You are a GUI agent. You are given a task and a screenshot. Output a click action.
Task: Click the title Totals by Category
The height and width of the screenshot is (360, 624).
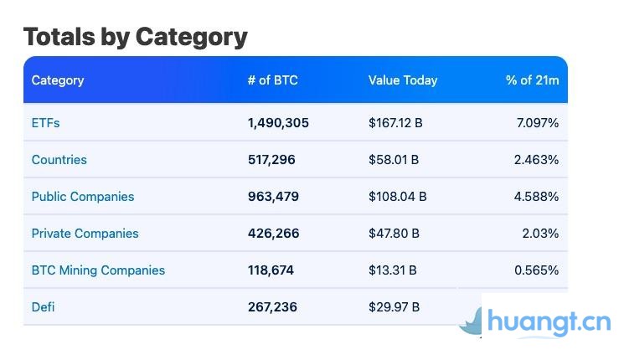click(135, 37)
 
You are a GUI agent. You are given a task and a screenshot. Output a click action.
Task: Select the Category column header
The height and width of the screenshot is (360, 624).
click(58, 80)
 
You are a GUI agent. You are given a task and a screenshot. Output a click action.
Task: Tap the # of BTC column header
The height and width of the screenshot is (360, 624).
click(272, 80)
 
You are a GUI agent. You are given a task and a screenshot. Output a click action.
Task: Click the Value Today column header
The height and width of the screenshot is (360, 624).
click(403, 80)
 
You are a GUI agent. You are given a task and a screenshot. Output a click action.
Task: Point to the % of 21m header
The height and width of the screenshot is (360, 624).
click(532, 80)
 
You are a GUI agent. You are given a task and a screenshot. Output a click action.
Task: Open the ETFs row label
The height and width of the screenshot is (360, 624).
click(45, 123)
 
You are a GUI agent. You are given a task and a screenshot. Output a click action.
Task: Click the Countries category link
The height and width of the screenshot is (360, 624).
click(59, 160)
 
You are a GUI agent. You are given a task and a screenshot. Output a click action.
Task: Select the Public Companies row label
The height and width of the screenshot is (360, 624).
click(83, 197)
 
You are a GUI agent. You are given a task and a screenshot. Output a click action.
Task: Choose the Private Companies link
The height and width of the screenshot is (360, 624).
click(85, 234)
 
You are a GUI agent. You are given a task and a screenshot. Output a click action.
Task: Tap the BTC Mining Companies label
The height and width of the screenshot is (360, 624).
click(98, 270)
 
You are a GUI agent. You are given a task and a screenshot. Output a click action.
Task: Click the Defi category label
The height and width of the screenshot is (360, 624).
click(43, 307)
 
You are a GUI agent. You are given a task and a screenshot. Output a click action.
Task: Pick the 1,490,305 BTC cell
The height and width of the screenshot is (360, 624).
click(278, 123)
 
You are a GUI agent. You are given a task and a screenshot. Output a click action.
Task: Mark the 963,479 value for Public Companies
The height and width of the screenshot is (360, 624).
click(273, 197)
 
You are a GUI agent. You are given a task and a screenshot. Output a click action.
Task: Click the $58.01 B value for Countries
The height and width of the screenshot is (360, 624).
click(394, 160)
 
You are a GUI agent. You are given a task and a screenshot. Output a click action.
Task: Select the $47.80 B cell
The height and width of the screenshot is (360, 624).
click(394, 234)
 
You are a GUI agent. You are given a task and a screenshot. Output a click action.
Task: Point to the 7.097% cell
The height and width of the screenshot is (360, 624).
click(538, 123)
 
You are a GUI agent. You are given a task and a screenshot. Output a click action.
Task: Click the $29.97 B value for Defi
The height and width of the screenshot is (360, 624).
click(393, 307)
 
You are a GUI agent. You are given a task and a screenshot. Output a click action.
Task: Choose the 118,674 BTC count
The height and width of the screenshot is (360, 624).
click(271, 270)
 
